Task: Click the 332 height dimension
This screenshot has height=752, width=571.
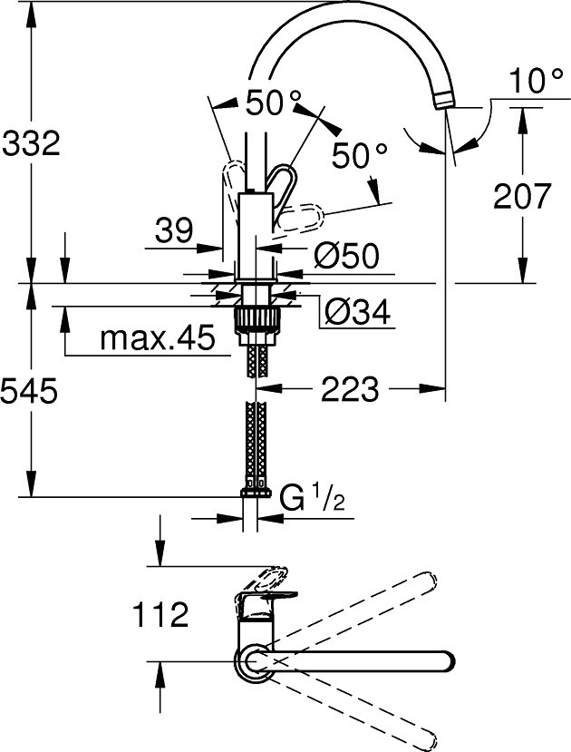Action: point(31,143)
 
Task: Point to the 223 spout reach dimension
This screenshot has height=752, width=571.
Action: point(350,388)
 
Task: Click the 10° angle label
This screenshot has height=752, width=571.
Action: point(536,80)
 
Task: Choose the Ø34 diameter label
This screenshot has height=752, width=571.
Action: point(357,312)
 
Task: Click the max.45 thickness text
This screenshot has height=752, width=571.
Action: point(158,337)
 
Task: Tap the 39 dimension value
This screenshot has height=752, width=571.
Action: point(174,230)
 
